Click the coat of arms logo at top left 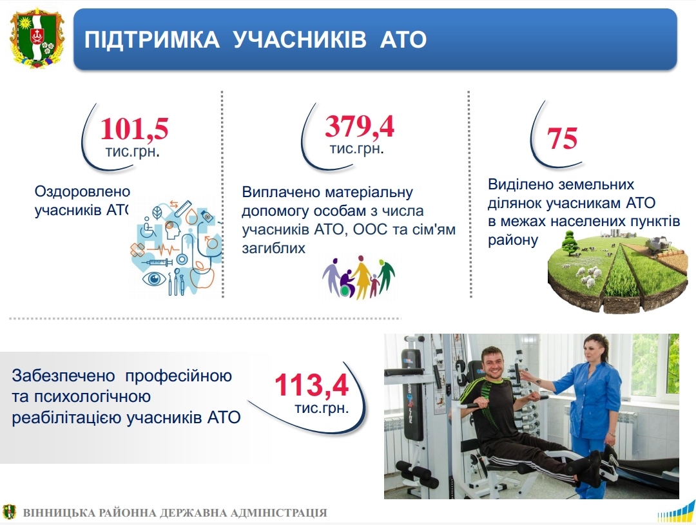[x=37, y=39]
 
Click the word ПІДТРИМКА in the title [x=152, y=39]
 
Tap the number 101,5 [x=134, y=129]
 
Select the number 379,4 [x=360, y=126]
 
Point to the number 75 [x=562, y=138]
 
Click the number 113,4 [x=312, y=385]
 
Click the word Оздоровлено [x=82, y=191]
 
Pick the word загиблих [x=273, y=247]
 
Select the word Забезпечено [x=63, y=376]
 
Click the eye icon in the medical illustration [x=154, y=279]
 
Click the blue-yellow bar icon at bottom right [x=676, y=511]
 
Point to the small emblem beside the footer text [x=9, y=511]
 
